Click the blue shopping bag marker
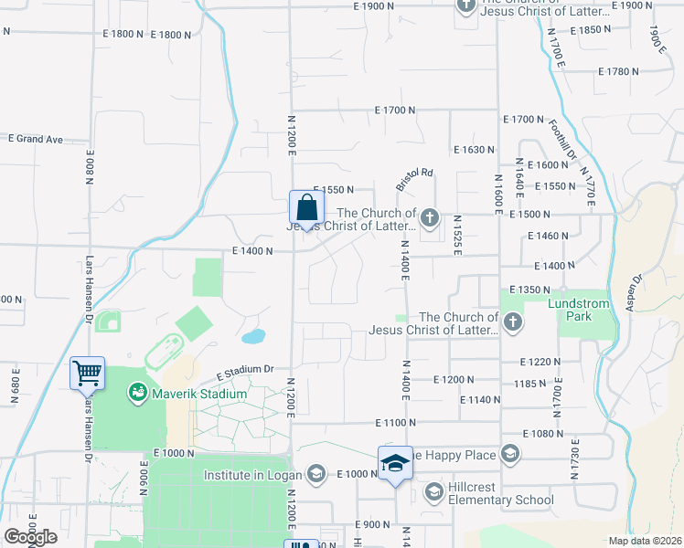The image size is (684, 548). [x=306, y=206]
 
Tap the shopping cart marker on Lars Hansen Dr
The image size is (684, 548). [x=87, y=373]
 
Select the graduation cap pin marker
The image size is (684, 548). [x=395, y=463]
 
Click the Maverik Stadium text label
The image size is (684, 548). [x=198, y=394]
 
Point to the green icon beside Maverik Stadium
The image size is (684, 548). [x=137, y=393]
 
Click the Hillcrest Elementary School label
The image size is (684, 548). [x=501, y=493]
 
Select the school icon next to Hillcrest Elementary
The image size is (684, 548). [x=433, y=493]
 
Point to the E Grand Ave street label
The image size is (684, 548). [x=36, y=139]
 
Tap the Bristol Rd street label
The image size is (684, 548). [x=413, y=178]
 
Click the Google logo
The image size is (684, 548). [x=29, y=537]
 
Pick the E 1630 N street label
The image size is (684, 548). [x=473, y=149]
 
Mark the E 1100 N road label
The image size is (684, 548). [x=394, y=423]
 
